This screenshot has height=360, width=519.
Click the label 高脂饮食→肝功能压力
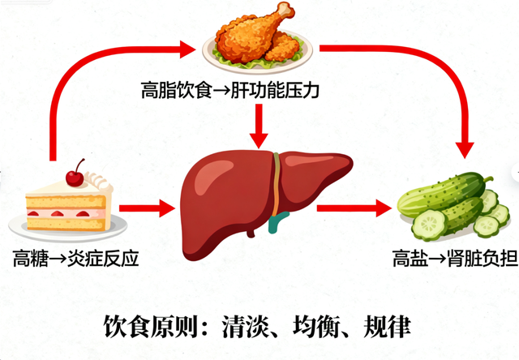(x=230, y=92)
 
